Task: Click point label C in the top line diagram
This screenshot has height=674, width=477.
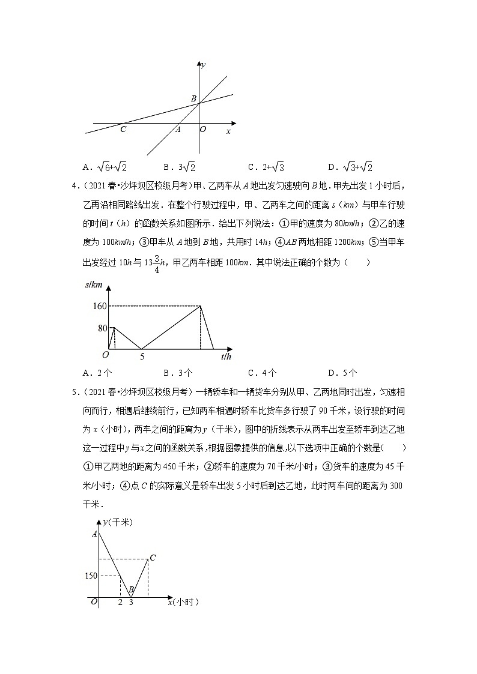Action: pyautogui.click(x=123, y=128)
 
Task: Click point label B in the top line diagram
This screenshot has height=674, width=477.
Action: pyautogui.click(x=193, y=98)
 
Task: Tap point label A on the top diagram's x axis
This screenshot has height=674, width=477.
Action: pyautogui.click(x=178, y=128)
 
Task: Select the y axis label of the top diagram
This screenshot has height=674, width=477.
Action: pyautogui.click(x=204, y=64)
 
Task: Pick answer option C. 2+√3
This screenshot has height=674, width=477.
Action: pyautogui.click(x=265, y=167)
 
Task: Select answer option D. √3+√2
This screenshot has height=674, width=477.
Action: pyautogui.click(x=350, y=167)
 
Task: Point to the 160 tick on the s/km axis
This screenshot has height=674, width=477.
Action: pyautogui.click(x=99, y=306)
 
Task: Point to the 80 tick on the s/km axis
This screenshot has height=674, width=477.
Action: pyautogui.click(x=102, y=328)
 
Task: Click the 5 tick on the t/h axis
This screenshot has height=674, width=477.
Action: pyautogui.click(x=142, y=357)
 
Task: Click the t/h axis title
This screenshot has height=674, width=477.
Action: pyautogui.click(x=226, y=357)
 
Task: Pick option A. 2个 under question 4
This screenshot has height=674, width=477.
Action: pyautogui.click(x=96, y=372)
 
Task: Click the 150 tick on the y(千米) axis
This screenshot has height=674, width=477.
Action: pyautogui.click(x=91, y=576)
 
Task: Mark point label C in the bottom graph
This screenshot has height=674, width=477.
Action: pyautogui.click(x=153, y=558)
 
